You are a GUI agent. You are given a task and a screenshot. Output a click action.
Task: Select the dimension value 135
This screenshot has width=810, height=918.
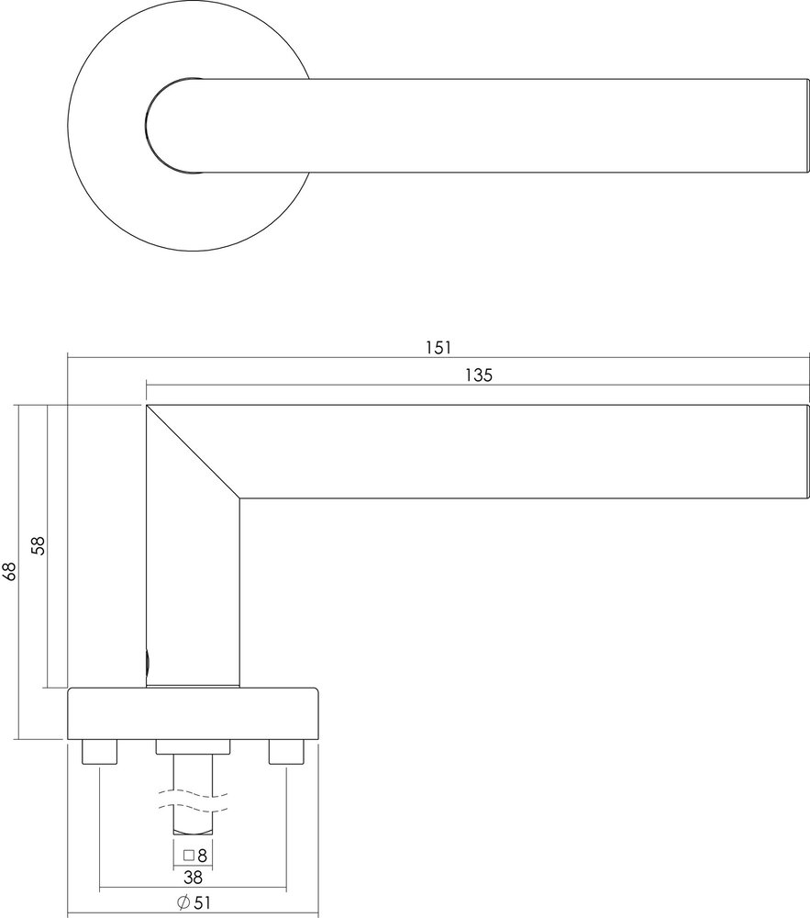pos(478,375)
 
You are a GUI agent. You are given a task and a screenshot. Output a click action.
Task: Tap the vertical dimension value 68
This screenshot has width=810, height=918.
pos(10,572)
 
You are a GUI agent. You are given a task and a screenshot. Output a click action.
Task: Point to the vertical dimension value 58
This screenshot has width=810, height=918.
pos(38,546)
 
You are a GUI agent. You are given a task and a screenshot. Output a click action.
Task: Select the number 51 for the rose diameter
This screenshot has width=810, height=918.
pos(203,902)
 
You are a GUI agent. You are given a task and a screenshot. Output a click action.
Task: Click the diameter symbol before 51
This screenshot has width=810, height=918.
pos(183,902)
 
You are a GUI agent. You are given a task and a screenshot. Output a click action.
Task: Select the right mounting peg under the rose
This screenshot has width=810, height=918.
pos(285,753)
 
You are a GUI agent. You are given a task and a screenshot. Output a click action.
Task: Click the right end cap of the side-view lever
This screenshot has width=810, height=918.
pos(806,451)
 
